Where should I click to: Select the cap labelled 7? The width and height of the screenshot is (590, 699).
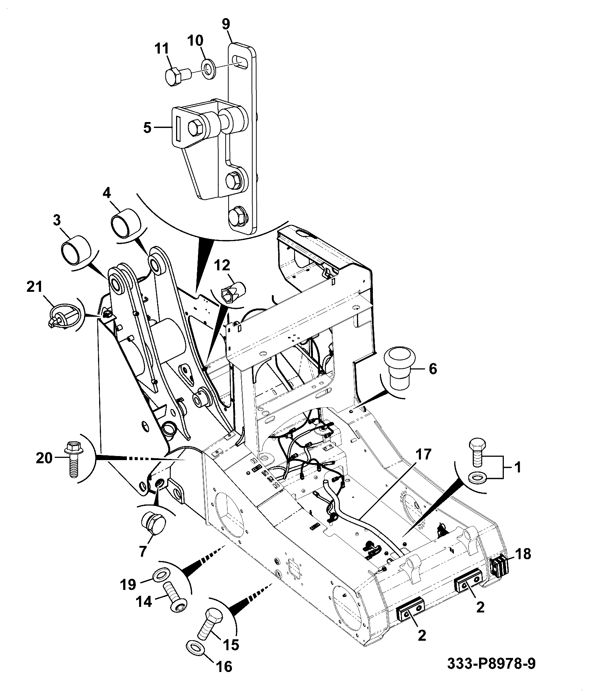[153, 524]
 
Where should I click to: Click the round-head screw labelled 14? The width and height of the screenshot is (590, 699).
[175, 601]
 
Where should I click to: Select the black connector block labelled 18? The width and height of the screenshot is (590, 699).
[499, 576]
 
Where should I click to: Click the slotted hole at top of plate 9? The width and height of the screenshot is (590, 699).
[241, 62]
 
